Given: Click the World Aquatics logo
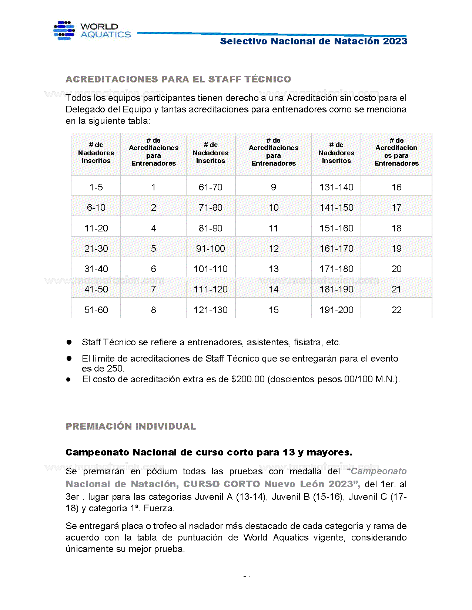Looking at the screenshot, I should point(93,31).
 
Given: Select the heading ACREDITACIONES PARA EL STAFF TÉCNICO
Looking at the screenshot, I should point(178,79).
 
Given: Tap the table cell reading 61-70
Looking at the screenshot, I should point(210,187).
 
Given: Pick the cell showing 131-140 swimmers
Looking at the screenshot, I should point(336,187).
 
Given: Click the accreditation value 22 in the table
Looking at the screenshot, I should point(396,310).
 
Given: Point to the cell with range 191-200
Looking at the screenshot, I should point(336,310).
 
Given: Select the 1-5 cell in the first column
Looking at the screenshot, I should point(96,187).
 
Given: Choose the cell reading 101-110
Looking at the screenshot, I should point(210,269).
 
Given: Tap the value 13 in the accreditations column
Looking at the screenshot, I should point(274,269).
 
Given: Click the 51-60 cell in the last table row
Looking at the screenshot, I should point(96,310).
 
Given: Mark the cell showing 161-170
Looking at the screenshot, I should point(336,248).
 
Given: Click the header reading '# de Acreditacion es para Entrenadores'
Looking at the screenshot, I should point(396,152).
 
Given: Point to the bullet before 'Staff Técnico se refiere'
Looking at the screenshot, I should point(69,342).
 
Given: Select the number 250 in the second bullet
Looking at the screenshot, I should point(115,369).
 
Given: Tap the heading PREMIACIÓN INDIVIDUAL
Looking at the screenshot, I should point(131,426).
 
